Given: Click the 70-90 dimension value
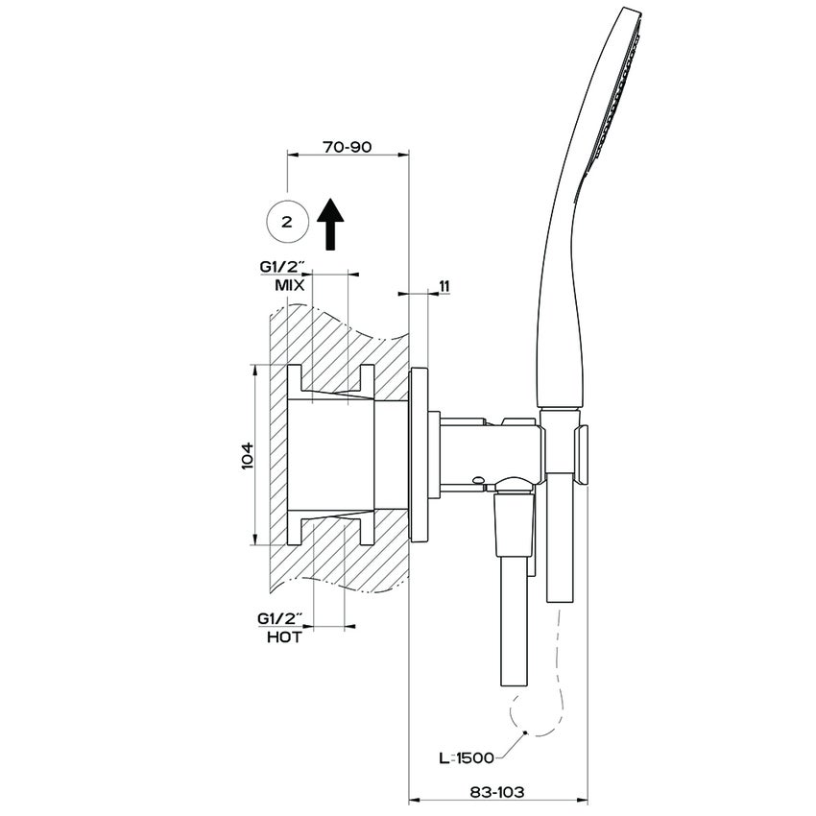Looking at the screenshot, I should point(348,148).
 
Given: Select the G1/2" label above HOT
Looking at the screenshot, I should point(280,619).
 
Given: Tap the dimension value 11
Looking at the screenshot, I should point(444,286).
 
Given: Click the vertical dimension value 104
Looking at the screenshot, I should point(246,455).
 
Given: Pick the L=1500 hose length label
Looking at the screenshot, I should point(466,757).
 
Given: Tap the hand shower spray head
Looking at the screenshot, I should point(614,86).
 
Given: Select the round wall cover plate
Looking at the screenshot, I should point(419,455).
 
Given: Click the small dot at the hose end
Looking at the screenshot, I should point(524,734).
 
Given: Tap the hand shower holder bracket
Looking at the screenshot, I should point(581,451).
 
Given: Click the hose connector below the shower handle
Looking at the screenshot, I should point(558,557).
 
